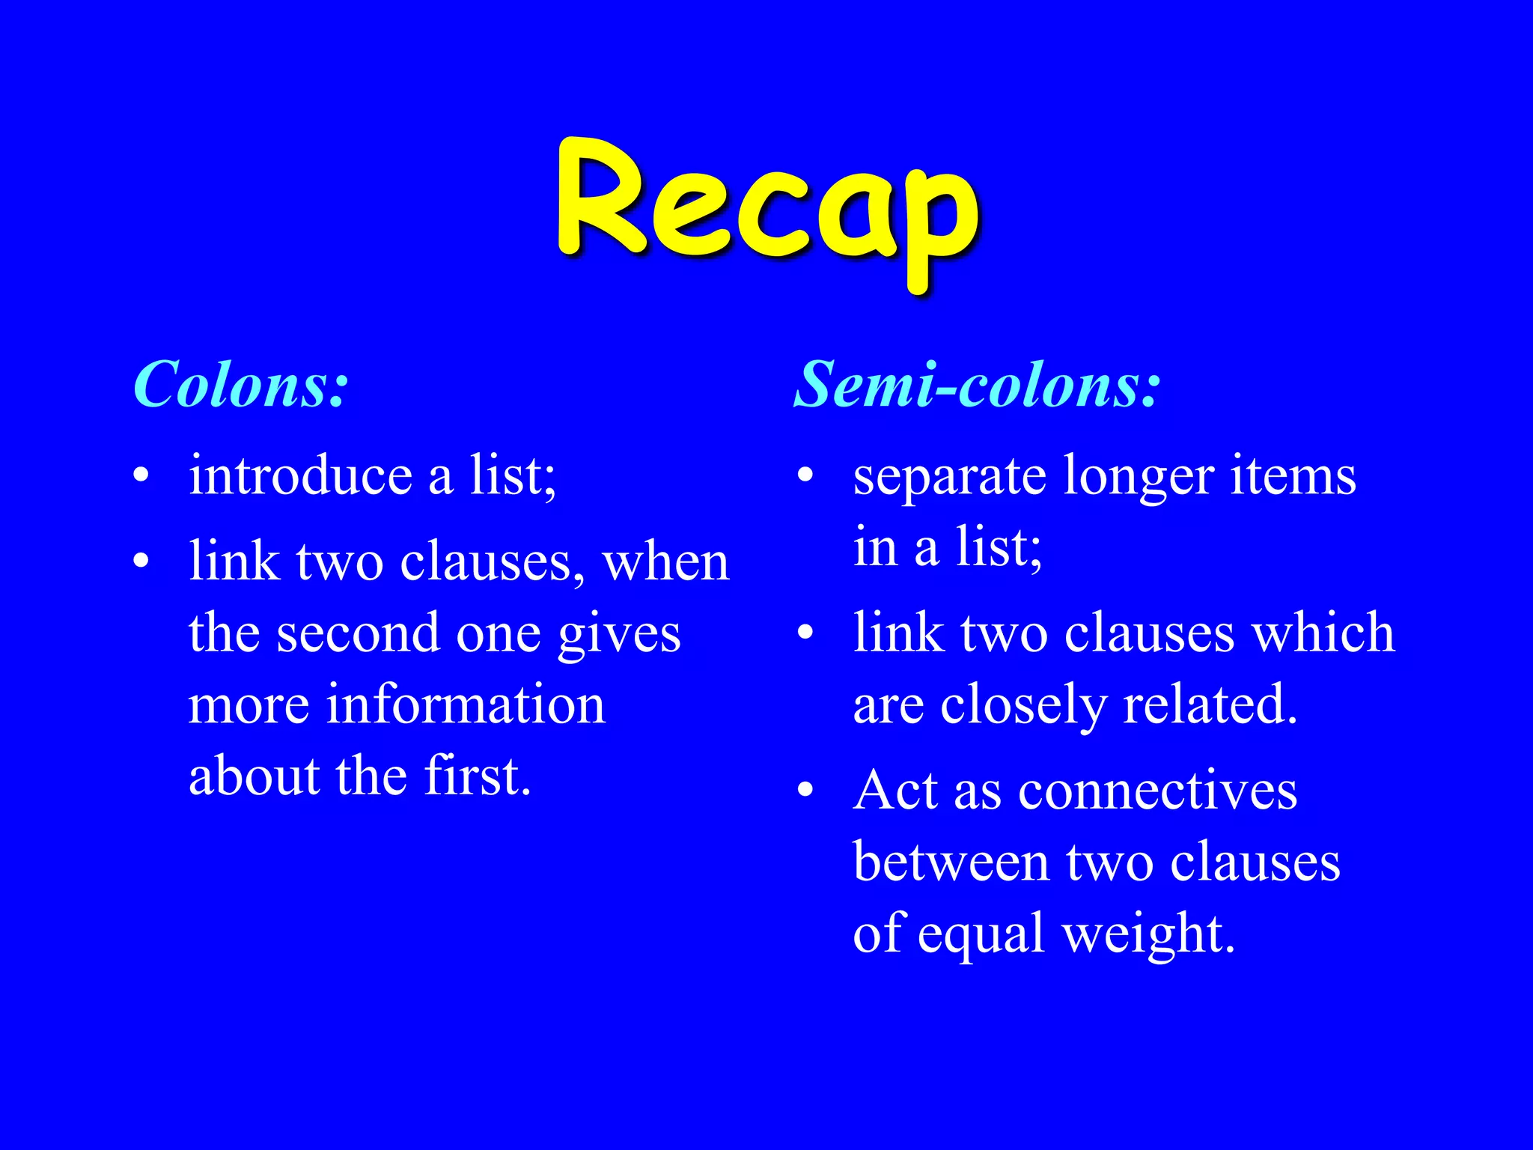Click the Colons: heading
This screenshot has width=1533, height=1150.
point(241,384)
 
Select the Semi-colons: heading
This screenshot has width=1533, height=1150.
point(977,384)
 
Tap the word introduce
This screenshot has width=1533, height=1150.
point(300,475)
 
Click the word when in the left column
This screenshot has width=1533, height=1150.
point(665,562)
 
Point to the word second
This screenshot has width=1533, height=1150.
point(358,633)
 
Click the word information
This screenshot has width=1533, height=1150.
point(466,705)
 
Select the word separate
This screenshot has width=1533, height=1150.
point(949,477)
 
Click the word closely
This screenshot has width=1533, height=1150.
point(1023,706)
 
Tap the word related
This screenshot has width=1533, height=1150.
point(1210,705)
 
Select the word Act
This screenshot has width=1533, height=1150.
point(895,791)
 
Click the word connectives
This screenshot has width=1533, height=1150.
point(1157,791)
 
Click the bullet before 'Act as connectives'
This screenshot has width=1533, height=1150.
point(805,789)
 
